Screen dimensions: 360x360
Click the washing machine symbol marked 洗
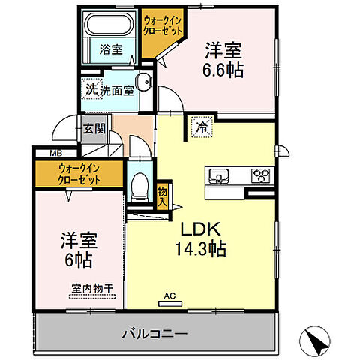coord(91,87)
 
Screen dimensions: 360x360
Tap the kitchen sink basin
coord(218,176)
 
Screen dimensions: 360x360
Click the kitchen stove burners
coord(260,176)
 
